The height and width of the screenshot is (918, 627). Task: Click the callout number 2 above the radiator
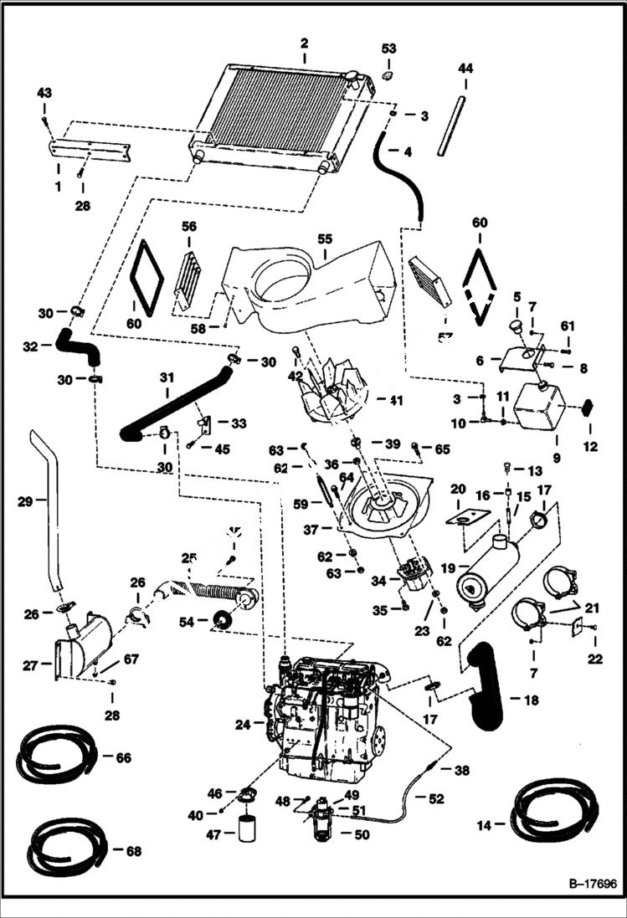304,43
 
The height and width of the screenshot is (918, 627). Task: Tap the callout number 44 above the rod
465,69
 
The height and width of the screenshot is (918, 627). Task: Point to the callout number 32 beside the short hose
31,344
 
